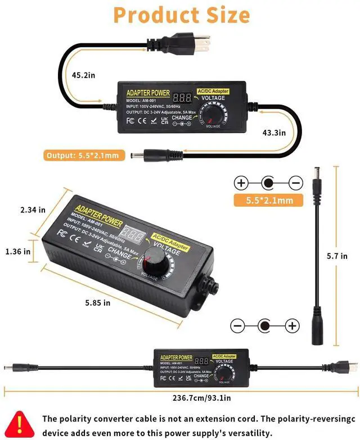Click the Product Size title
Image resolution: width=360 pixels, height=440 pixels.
tap(181, 15)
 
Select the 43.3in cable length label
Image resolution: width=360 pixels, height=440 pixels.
tap(274, 133)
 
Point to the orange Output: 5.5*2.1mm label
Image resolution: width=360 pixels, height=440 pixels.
tap(83, 155)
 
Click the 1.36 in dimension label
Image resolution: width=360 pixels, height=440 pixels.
tap(18, 252)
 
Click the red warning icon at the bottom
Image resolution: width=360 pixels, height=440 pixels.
tap(21, 424)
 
